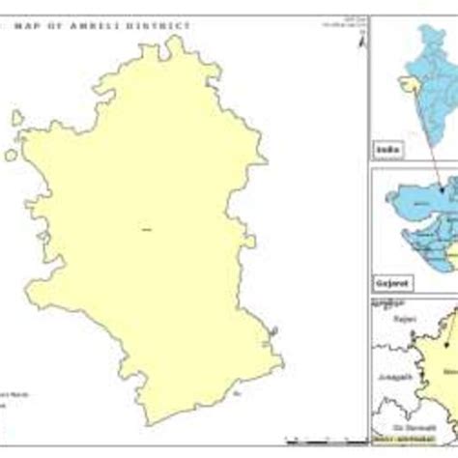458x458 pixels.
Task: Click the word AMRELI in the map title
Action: [x=115, y=25]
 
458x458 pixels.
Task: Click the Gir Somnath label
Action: [x=417, y=426]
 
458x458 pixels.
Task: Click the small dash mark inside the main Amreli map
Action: [x=147, y=229]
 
